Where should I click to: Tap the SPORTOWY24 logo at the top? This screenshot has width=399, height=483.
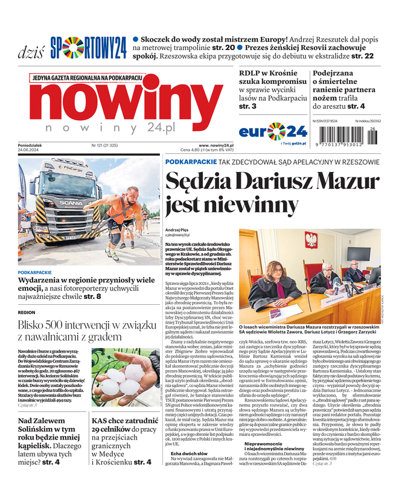tap(88, 48)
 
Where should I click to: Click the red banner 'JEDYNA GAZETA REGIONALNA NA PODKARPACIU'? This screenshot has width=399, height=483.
tap(86, 78)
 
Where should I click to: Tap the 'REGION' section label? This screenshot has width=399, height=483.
tap(27, 313)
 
